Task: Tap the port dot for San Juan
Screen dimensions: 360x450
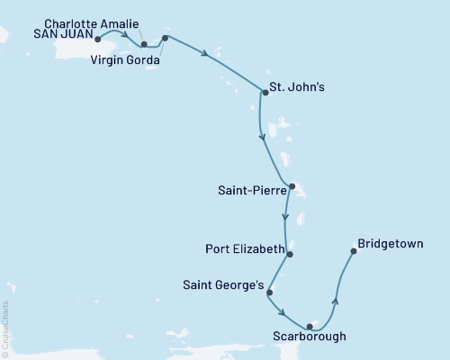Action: (x=97, y=39)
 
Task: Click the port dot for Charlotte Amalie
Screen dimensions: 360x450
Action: (x=144, y=43)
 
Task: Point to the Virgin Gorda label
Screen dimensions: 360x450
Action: (x=125, y=60)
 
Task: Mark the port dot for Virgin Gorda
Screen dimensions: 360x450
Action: (x=165, y=39)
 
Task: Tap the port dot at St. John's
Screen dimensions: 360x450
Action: (x=265, y=92)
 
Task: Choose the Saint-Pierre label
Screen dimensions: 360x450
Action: (x=251, y=190)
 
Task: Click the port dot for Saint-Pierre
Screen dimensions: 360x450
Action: (x=292, y=187)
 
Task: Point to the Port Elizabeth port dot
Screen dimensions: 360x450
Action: (x=290, y=253)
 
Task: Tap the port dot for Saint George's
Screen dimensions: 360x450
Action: (x=269, y=292)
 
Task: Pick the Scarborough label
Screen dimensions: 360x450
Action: (x=308, y=339)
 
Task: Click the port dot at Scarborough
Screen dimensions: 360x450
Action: (x=309, y=326)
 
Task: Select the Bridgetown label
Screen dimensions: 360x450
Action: (x=388, y=243)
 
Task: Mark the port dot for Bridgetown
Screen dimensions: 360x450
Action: (x=353, y=251)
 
